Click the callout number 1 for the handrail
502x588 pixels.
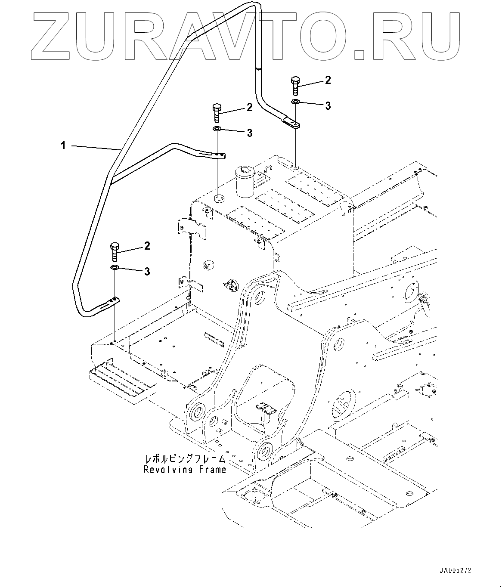(63, 146)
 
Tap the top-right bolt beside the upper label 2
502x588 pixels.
(295, 86)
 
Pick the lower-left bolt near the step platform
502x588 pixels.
(115, 251)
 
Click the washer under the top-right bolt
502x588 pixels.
(295, 102)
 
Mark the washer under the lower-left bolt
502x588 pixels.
(115, 268)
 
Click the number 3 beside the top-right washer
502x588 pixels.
(328, 106)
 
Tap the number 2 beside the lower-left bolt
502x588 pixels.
(147, 246)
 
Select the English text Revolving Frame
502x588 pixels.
(185, 470)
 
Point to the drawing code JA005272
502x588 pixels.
(456, 571)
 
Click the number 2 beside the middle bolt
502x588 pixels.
(250, 108)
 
